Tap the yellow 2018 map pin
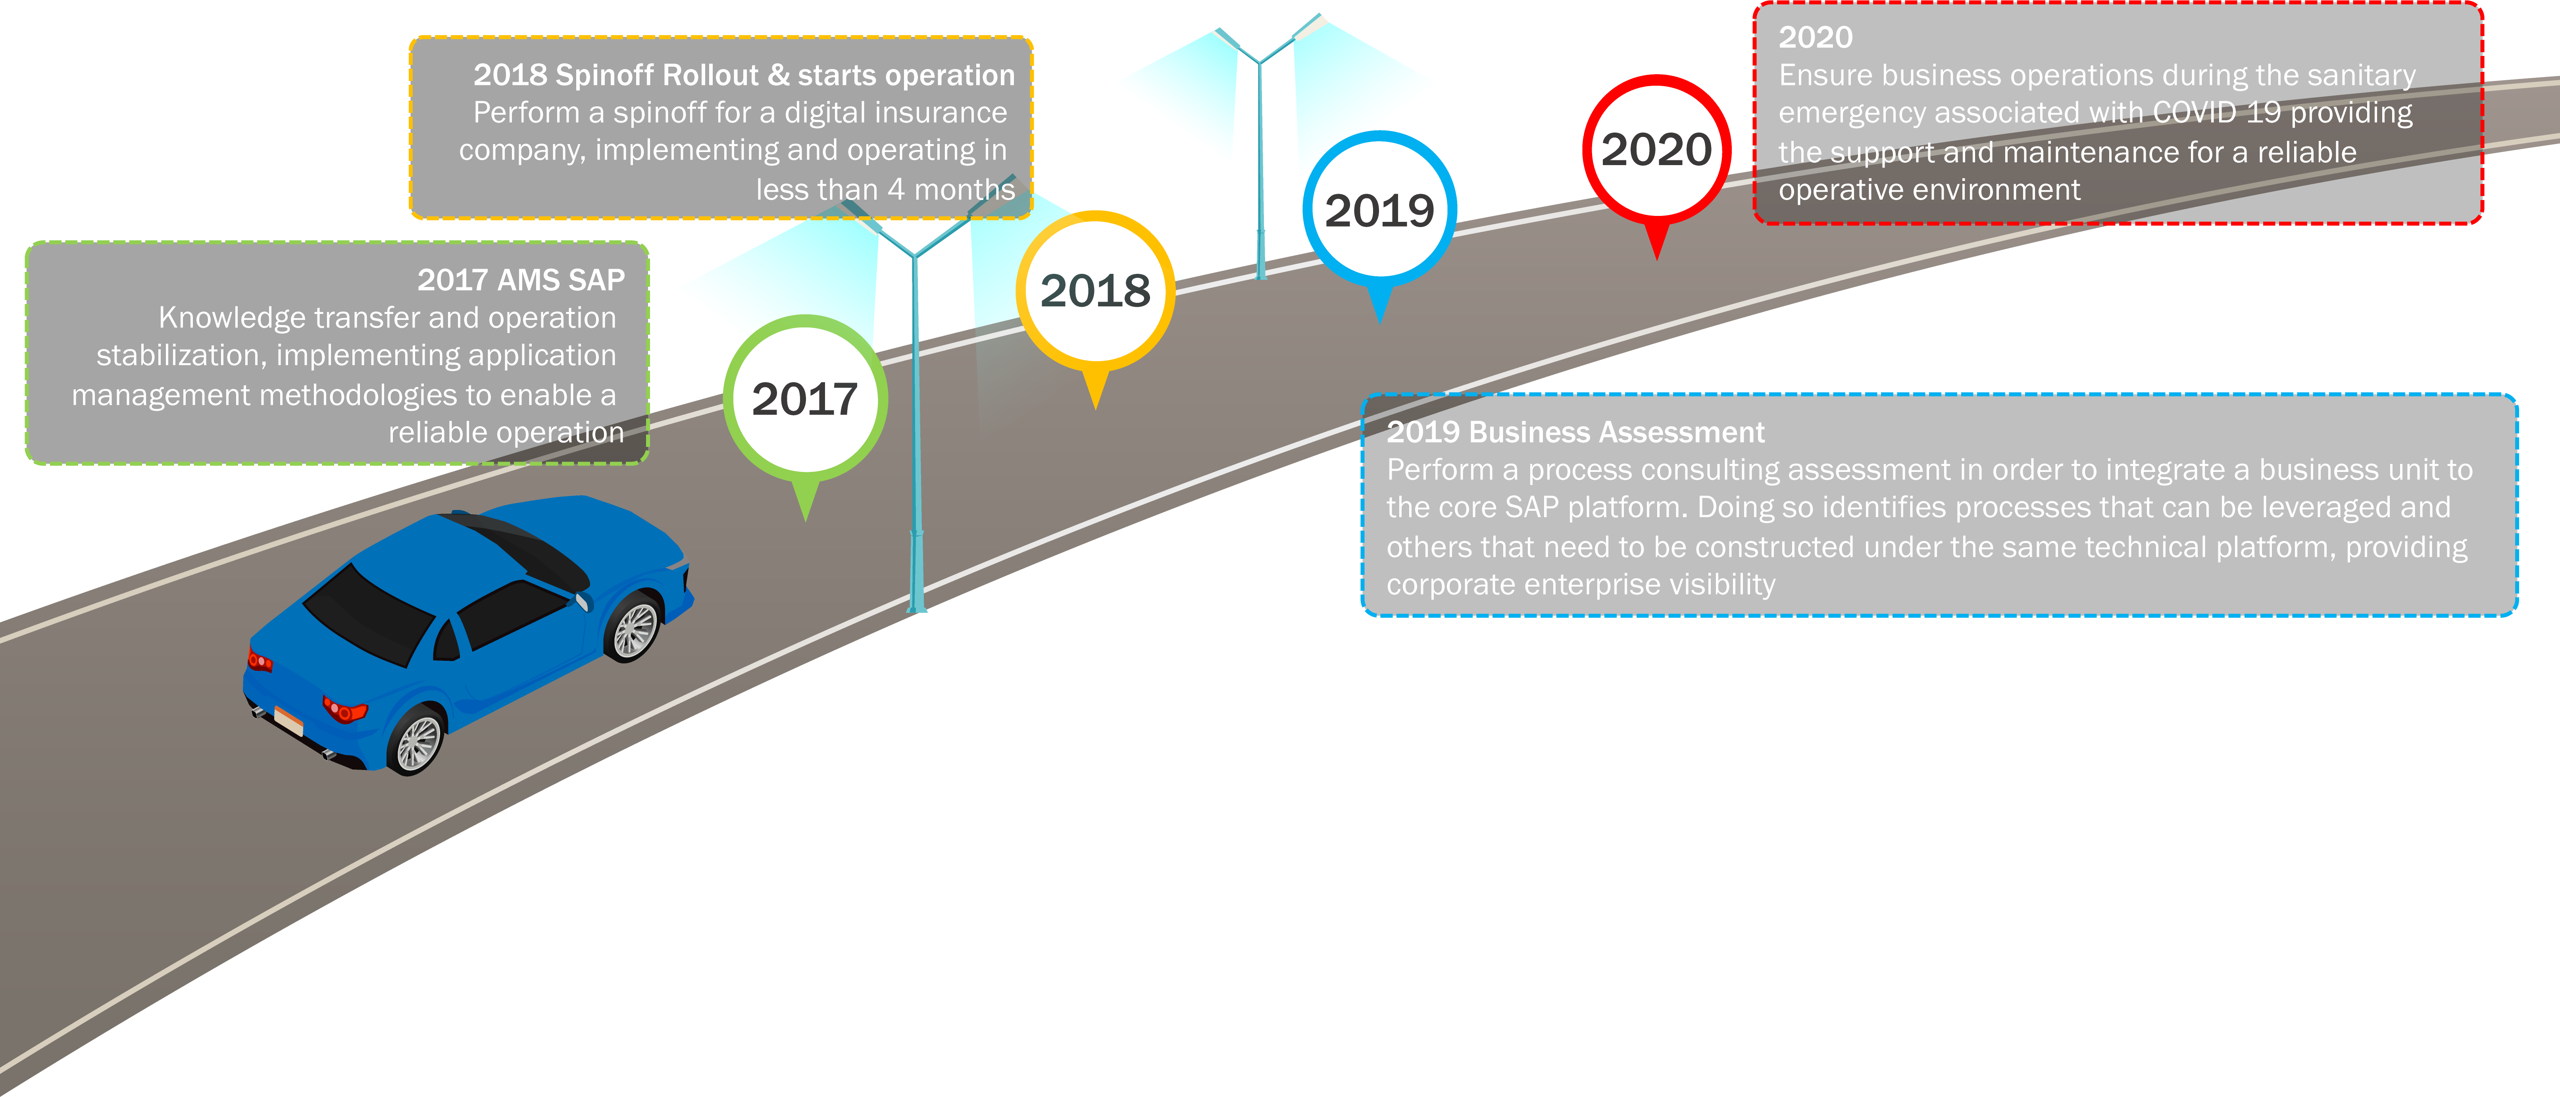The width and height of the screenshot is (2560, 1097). (1095, 291)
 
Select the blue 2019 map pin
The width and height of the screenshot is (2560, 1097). (1379, 211)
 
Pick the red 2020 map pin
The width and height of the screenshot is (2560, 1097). (1656, 150)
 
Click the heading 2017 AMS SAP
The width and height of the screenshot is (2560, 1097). (521, 280)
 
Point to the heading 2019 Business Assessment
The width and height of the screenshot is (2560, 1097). (1575, 432)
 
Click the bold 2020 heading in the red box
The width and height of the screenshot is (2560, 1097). (1815, 38)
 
